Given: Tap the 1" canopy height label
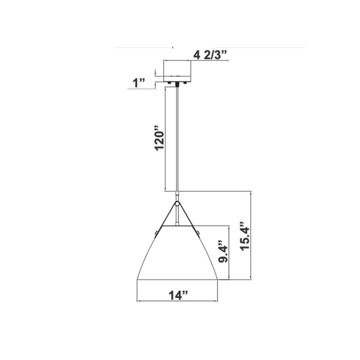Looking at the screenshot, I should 139,83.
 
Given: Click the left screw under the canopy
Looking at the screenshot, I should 168,82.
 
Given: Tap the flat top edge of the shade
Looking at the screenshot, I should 178,225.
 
